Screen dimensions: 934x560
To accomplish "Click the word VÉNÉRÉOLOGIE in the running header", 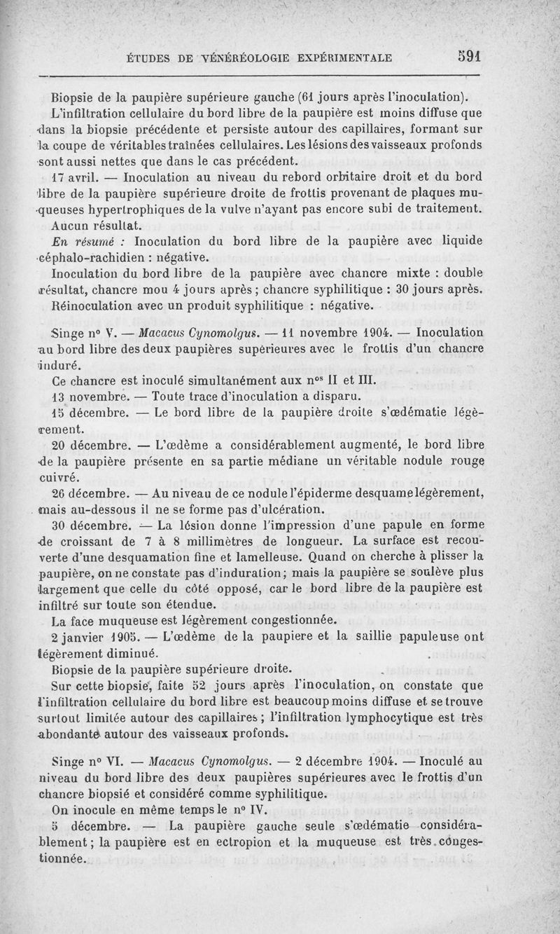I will click(x=231, y=58).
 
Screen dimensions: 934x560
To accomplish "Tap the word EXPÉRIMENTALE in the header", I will click(x=342, y=58).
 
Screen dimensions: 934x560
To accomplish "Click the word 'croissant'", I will click(x=87, y=540).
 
